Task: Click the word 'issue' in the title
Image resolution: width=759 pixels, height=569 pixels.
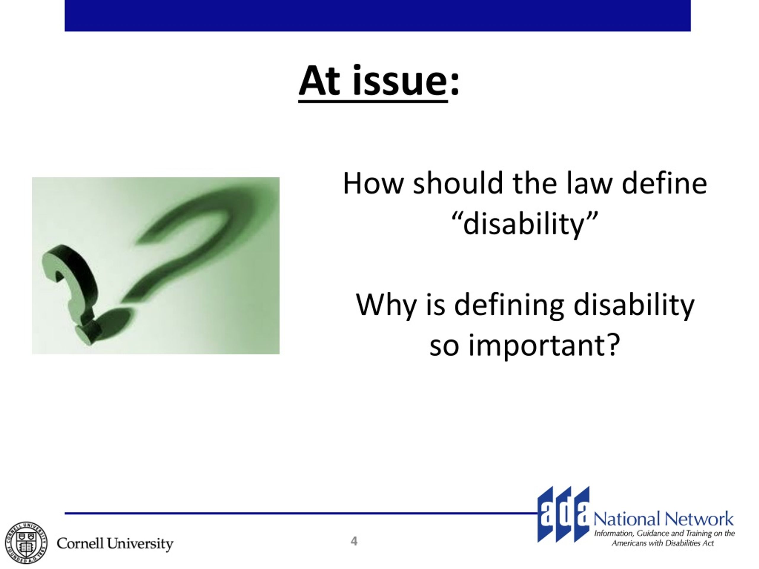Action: (400, 81)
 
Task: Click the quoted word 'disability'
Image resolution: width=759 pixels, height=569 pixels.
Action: (524, 224)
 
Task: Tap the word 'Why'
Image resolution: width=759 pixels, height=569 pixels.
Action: (386, 305)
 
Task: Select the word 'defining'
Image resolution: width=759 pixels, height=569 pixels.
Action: (509, 305)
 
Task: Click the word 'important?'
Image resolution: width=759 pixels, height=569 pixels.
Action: (545, 345)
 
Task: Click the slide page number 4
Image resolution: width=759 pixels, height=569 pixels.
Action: (354, 541)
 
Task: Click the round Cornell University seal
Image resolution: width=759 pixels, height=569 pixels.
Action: (26, 543)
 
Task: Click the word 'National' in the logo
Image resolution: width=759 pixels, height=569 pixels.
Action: (627, 519)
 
